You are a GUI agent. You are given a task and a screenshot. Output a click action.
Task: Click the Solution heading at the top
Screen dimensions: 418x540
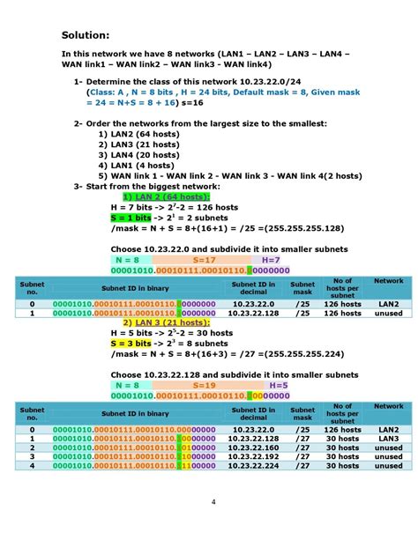[86, 35]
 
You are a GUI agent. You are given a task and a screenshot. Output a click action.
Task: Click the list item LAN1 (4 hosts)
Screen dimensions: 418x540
[136, 164]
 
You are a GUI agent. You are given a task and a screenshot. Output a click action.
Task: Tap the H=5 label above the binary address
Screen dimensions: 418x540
[278, 385]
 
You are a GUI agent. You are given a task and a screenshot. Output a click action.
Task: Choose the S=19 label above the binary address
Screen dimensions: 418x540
[204, 385]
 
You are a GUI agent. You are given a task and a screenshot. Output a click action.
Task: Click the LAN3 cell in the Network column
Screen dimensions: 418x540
[388, 438]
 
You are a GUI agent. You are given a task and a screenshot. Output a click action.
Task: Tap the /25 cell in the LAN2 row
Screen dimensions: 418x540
[302, 303]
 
